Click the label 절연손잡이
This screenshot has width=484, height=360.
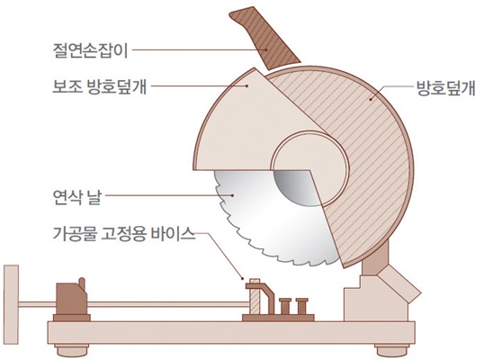(x=90, y=50)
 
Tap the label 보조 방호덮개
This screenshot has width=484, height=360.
(x=99, y=86)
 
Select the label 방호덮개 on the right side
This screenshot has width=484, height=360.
(x=445, y=88)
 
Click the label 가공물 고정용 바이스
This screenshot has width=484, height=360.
(x=124, y=234)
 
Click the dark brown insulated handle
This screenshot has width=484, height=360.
(x=264, y=39)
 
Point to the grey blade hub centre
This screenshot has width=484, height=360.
(x=296, y=187)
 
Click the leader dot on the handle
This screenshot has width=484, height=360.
(x=265, y=49)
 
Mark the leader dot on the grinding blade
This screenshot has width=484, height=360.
(x=233, y=195)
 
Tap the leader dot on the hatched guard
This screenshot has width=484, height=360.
(x=371, y=99)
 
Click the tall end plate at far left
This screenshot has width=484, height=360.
(x=11, y=304)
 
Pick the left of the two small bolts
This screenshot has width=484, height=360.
(x=285, y=306)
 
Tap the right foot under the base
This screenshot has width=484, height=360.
(x=392, y=351)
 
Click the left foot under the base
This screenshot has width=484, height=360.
(x=72, y=351)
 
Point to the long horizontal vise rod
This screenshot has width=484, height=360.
(x=134, y=304)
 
